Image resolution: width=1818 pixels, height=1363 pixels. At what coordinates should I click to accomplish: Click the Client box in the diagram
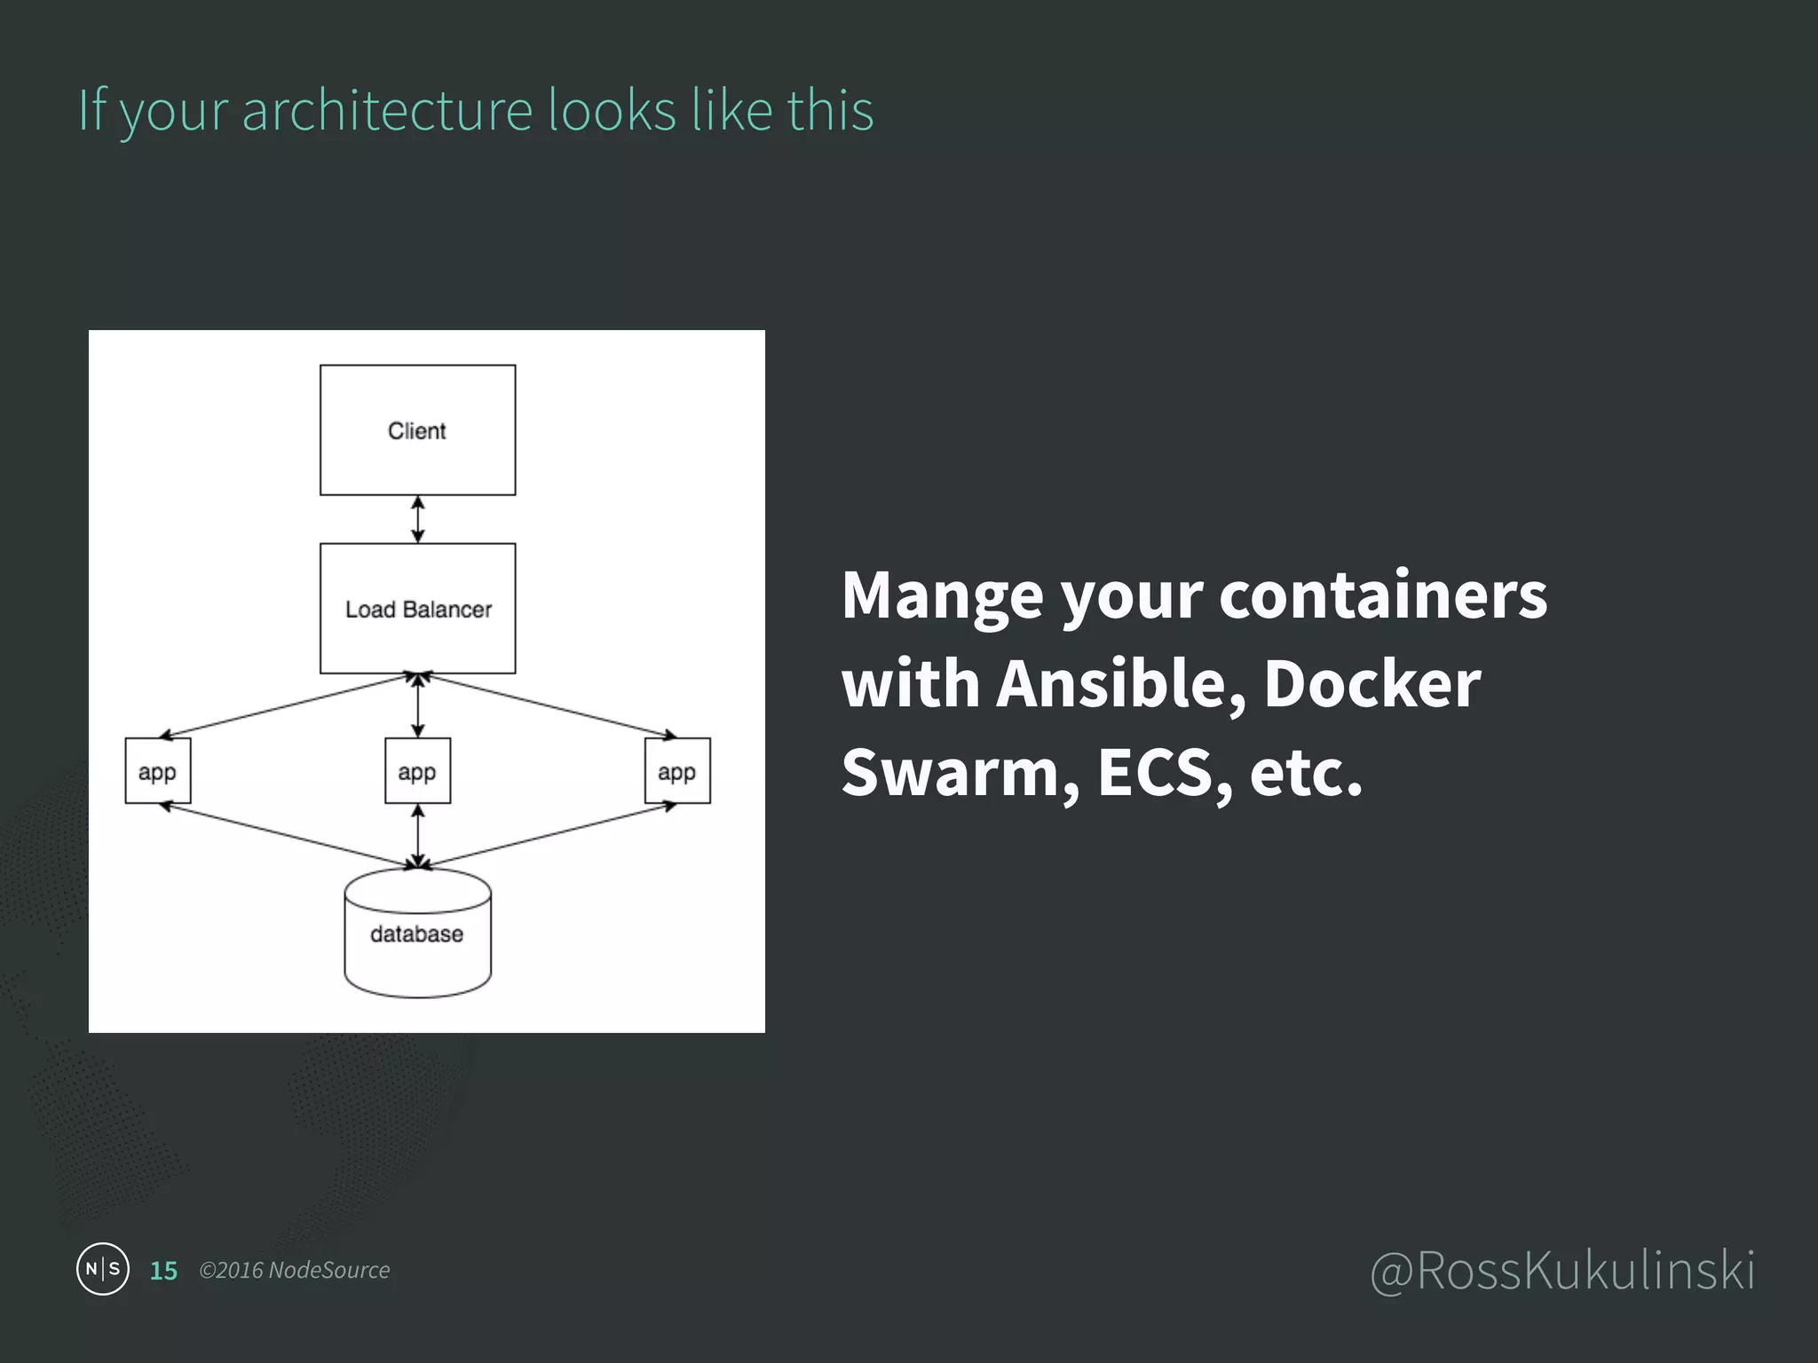click(x=417, y=430)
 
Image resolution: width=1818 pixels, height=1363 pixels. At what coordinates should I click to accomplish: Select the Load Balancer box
click(x=417, y=609)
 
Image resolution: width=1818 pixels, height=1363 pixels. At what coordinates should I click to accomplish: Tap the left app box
click(x=158, y=771)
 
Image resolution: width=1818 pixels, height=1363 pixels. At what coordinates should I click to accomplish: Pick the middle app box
click(x=417, y=771)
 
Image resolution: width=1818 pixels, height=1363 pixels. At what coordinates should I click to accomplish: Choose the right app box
click(x=677, y=771)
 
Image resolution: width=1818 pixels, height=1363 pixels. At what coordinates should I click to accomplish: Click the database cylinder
click(x=417, y=934)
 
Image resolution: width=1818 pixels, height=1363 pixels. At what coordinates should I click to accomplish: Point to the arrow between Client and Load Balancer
click(x=418, y=519)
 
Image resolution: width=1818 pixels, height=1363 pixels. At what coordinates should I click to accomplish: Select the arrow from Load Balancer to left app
click(x=284, y=706)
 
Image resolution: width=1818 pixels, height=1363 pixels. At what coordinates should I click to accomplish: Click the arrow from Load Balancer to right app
click(x=550, y=706)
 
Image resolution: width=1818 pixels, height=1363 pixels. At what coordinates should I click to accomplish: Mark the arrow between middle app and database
click(x=418, y=836)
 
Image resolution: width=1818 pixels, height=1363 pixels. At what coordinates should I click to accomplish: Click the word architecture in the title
click(x=387, y=111)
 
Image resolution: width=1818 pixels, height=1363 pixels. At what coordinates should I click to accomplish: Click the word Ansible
click(x=1121, y=685)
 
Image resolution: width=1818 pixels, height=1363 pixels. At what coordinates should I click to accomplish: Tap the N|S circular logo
click(x=103, y=1269)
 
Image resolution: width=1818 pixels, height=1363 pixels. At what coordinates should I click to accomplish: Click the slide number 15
click(x=164, y=1271)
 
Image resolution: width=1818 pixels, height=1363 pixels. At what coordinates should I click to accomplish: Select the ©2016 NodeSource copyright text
click(x=294, y=1271)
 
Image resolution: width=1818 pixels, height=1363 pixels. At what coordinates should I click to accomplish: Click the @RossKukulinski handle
click(x=1562, y=1271)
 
